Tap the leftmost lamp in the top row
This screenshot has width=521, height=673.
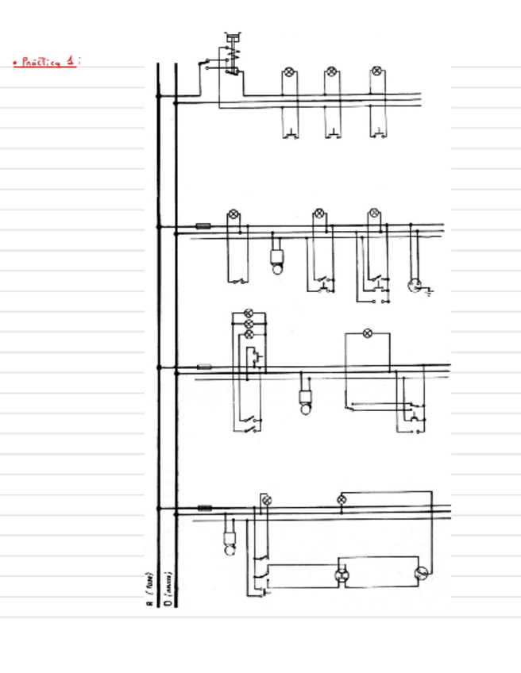click(x=289, y=73)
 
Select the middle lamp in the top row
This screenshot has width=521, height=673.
click(x=332, y=73)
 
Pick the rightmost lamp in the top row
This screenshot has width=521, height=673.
click(x=376, y=73)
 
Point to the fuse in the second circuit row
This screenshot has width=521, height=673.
click(x=203, y=226)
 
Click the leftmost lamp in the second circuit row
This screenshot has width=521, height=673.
click(x=233, y=214)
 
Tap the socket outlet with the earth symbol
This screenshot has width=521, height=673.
click(x=414, y=286)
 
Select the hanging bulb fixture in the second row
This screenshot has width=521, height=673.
click(x=277, y=260)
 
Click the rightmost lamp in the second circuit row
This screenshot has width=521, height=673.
click(x=374, y=214)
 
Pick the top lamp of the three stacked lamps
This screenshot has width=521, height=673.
click(x=249, y=313)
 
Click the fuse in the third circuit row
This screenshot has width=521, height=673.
click(x=204, y=367)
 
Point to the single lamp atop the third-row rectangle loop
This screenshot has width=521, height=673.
click(x=367, y=333)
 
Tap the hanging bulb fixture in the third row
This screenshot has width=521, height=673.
click(x=306, y=401)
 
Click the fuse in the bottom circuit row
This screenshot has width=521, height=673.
click(x=205, y=507)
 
